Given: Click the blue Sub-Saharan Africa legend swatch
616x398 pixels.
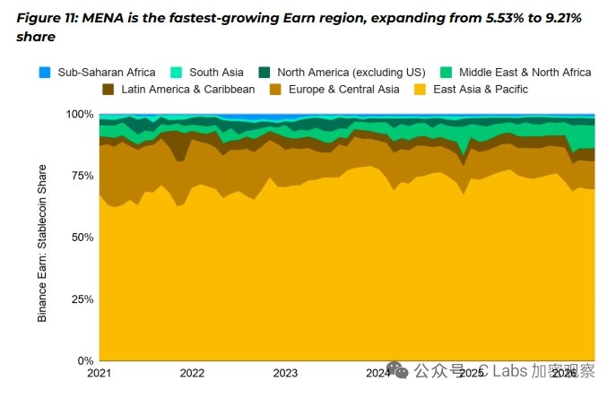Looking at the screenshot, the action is [x=45, y=73].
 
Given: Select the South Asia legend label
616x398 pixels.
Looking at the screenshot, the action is [x=216, y=73].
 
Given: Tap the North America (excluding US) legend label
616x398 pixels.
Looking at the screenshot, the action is [x=351, y=73].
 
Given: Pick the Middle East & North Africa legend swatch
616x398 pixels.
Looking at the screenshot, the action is [x=447, y=73].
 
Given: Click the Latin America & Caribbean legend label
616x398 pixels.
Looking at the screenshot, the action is [x=187, y=90].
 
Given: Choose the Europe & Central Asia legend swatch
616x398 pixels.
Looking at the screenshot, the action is [x=275, y=90].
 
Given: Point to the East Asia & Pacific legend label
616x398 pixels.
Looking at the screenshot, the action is [x=481, y=90].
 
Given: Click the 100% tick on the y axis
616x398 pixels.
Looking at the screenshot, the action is [x=80, y=115].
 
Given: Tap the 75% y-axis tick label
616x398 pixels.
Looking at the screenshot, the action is [x=82, y=176].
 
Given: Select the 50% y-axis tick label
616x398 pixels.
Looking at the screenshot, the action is [x=82, y=238].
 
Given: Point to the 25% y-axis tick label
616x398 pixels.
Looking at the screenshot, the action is [x=82, y=299].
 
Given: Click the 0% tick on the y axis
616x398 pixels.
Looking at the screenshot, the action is [x=85, y=360].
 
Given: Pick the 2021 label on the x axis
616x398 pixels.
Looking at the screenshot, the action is [x=99, y=373].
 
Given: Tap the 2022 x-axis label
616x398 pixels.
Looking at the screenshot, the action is [x=192, y=373].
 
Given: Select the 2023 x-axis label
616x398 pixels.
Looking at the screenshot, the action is [x=285, y=373].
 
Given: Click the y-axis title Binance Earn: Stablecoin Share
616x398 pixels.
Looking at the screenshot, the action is [x=42, y=243].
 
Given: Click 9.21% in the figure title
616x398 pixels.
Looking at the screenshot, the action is [x=563, y=18].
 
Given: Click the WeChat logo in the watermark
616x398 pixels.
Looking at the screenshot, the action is [x=397, y=370].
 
